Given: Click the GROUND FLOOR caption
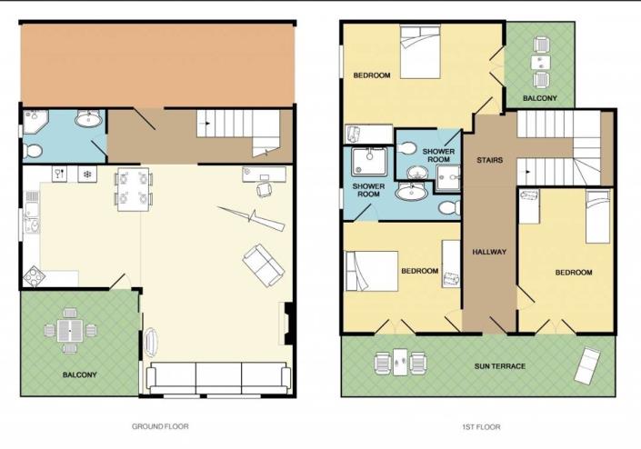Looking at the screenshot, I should point(159,425).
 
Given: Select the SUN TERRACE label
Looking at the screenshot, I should point(499,366).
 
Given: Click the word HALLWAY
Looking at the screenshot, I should point(488,252).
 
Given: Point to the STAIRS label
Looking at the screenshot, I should point(490,160).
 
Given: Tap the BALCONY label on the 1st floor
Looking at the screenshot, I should point(540,97).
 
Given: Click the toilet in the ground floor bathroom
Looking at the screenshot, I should point(34,148).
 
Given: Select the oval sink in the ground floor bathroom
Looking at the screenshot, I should point(89,119).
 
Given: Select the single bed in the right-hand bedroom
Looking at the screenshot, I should point(597,216).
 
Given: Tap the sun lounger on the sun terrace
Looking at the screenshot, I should point(586,366).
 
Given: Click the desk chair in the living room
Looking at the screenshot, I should point(265,188).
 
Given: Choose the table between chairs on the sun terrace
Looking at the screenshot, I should point(400,361).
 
